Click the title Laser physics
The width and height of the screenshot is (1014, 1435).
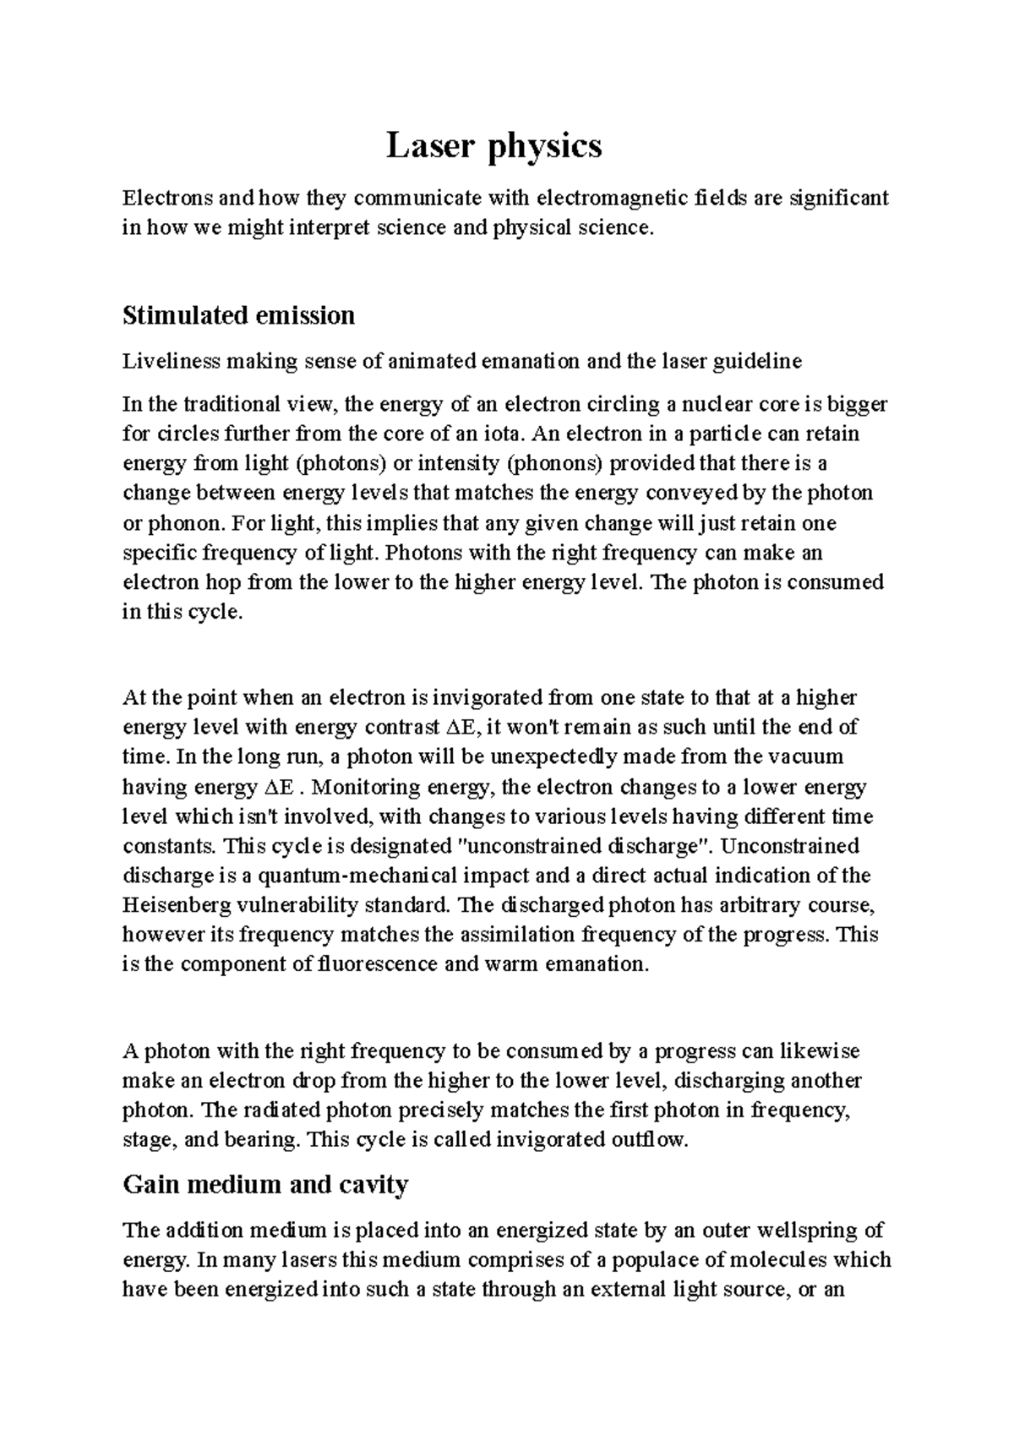tap(494, 147)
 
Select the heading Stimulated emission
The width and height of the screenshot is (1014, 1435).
tap(238, 316)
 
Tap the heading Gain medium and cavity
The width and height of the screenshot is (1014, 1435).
tap(265, 1185)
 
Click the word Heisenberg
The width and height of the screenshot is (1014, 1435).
tap(176, 906)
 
